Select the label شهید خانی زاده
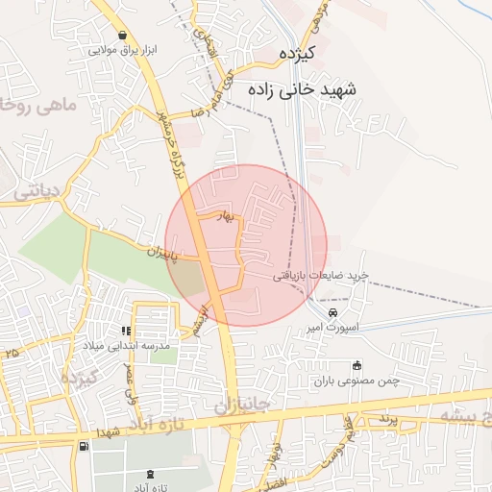point(302,89)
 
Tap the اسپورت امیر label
point(332,328)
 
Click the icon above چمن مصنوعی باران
point(357,365)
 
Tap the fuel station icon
point(85,446)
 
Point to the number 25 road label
point(12,355)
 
